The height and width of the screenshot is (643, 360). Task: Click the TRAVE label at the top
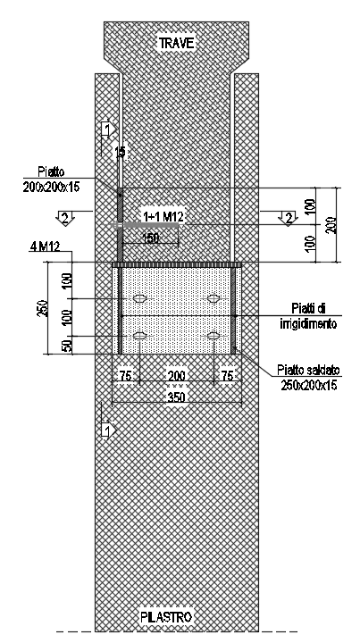pyautogui.click(x=176, y=43)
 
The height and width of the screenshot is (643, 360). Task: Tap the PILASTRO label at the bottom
pyautogui.click(x=166, y=617)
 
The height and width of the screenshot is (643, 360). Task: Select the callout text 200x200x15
pyautogui.click(x=52, y=187)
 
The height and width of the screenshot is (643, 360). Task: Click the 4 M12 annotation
pyautogui.click(x=45, y=246)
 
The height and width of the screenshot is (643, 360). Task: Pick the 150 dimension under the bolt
pyautogui.click(x=150, y=238)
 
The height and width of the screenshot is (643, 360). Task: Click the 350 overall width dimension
pyautogui.click(x=177, y=397)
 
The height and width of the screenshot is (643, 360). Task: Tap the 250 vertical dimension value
pyautogui.click(x=42, y=308)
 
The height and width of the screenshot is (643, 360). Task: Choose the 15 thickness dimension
pyautogui.click(x=120, y=152)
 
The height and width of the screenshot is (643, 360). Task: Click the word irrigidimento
pyautogui.click(x=308, y=324)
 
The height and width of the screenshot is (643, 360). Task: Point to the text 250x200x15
pyautogui.click(x=309, y=386)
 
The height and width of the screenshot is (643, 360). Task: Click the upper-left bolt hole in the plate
pyautogui.click(x=140, y=298)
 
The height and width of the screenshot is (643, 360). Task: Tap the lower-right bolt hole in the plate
pyautogui.click(x=213, y=336)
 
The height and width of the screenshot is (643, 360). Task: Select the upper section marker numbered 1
pyautogui.click(x=108, y=129)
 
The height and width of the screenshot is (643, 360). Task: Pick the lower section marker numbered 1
pyautogui.click(x=108, y=431)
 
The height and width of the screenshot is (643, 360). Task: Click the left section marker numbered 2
pyautogui.click(x=65, y=217)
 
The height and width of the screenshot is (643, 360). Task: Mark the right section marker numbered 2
pyautogui.click(x=289, y=217)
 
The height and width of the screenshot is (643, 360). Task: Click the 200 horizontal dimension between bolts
pyautogui.click(x=176, y=376)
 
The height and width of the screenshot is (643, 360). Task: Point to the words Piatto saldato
pyautogui.click(x=308, y=371)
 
